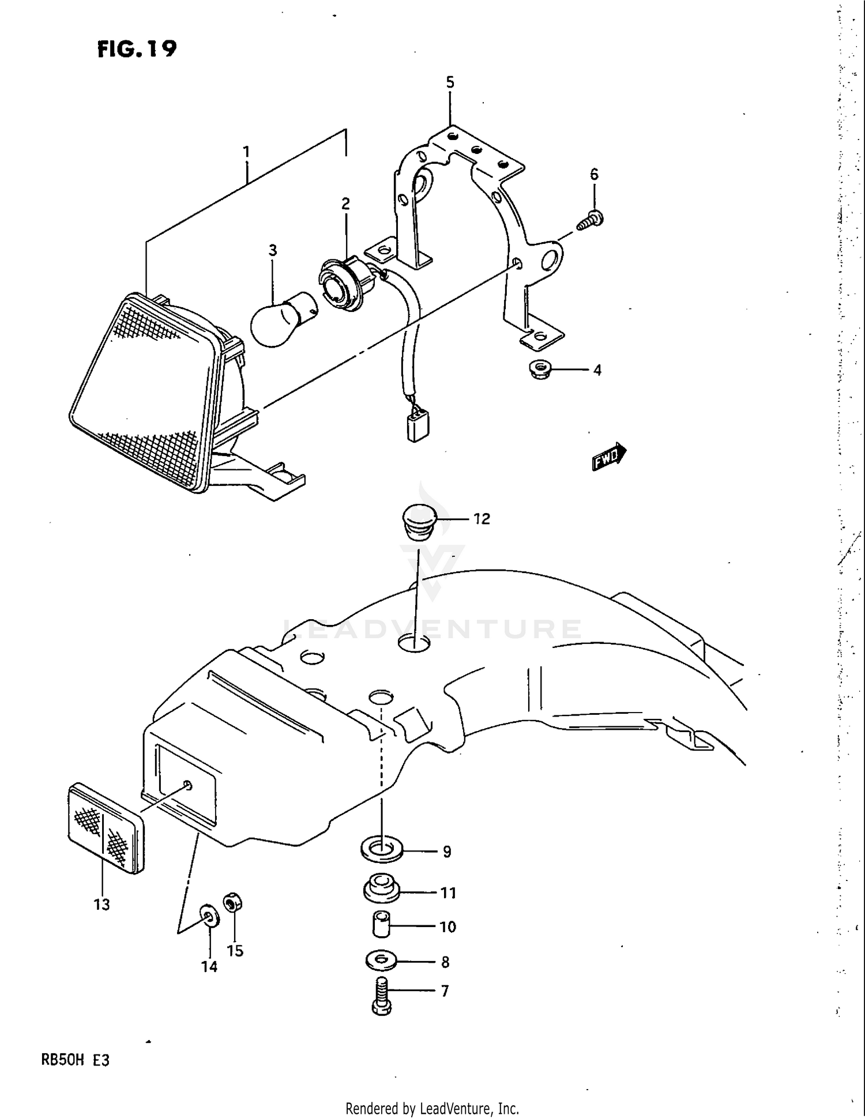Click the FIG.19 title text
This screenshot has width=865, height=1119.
tap(137, 49)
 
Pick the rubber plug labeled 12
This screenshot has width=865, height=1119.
tap(419, 521)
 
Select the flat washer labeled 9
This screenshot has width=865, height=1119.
tap(381, 850)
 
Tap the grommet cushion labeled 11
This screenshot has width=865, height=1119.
tap(381, 890)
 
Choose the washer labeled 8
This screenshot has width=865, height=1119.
tap(381, 961)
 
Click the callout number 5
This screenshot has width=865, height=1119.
tap(450, 82)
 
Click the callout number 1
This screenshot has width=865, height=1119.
tap(246, 152)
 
